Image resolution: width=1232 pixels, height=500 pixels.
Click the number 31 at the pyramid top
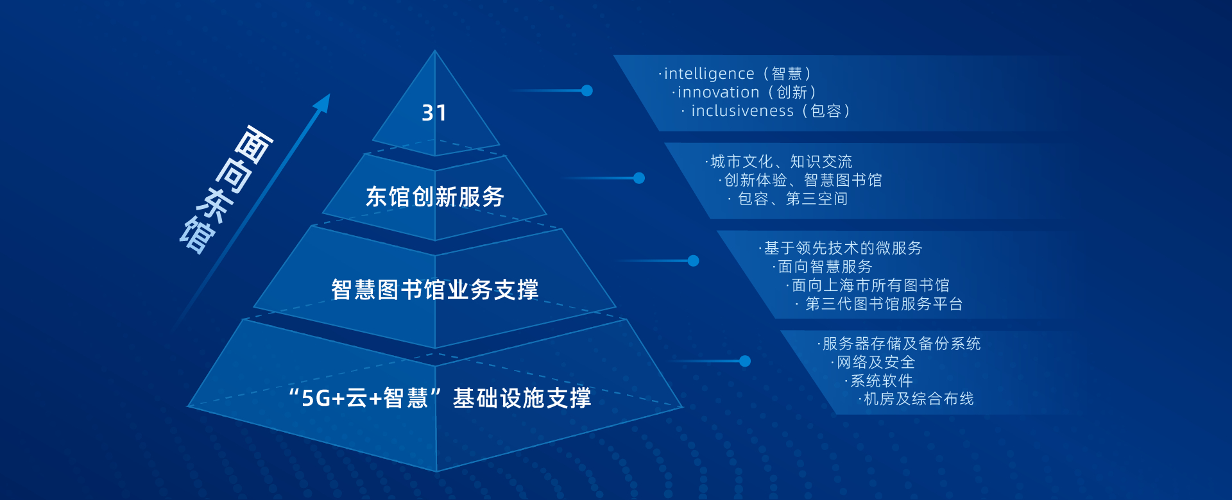(x=434, y=113)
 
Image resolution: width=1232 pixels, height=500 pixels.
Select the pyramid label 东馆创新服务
(x=435, y=197)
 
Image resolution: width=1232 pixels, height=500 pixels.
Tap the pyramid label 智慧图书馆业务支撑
(x=435, y=290)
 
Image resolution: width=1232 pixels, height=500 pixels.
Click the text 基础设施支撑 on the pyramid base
(x=522, y=398)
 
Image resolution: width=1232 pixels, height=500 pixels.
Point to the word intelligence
(x=709, y=74)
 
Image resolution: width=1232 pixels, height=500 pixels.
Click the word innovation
(x=719, y=93)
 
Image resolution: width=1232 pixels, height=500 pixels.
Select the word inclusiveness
(x=742, y=112)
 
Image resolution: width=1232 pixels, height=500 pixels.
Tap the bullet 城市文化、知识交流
(x=781, y=162)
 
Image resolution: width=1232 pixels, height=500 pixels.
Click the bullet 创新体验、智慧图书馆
(x=803, y=180)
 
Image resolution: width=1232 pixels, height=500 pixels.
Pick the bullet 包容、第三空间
(x=792, y=199)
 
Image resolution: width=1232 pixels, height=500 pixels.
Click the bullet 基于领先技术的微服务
(x=843, y=248)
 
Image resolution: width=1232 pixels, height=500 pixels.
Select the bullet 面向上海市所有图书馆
(x=870, y=285)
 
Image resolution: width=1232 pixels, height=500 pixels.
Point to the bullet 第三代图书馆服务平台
(x=884, y=304)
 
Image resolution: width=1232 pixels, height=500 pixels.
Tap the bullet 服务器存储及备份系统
(x=902, y=344)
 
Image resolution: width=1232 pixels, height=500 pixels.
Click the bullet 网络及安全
(x=876, y=362)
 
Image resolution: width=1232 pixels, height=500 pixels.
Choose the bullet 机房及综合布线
(x=918, y=399)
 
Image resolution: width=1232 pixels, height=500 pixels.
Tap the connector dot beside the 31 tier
(x=586, y=90)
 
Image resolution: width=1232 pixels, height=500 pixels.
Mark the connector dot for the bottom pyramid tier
(x=745, y=361)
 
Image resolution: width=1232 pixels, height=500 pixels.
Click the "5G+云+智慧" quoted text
(x=364, y=398)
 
